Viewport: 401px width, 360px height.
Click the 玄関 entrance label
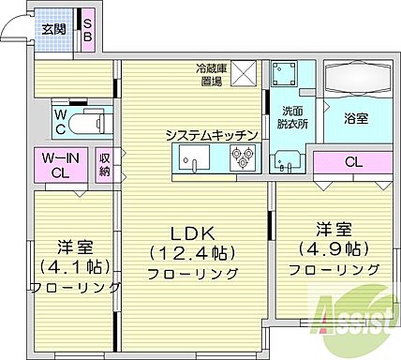point(53,28)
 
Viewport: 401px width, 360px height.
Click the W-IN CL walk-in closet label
point(59,164)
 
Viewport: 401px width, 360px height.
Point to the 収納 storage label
point(105,165)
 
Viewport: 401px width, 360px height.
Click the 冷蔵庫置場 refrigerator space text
point(209,75)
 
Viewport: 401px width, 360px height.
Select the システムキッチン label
point(205,135)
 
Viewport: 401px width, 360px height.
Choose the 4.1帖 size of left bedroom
point(72,264)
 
